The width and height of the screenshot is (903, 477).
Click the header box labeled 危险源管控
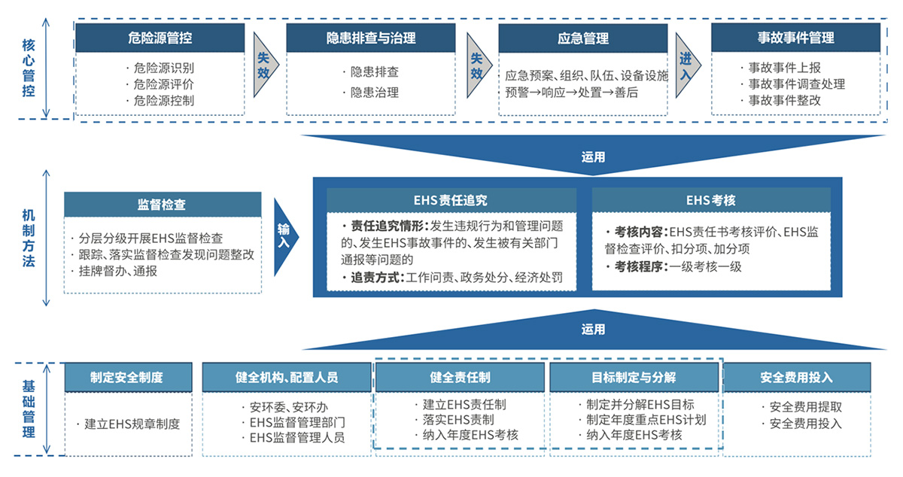(x=160, y=38)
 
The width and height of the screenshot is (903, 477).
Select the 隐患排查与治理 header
(x=371, y=38)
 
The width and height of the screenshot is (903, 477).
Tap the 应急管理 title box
(x=583, y=38)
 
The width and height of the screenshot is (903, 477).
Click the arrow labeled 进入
(x=687, y=65)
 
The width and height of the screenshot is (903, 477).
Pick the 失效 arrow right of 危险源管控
(x=265, y=65)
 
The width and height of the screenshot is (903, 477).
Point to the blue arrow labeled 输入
(x=285, y=237)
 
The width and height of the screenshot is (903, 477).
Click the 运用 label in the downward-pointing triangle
(x=593, y=156)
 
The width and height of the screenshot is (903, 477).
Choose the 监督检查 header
(x=163, y=205)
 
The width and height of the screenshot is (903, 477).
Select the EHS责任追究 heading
(x=451, y=200)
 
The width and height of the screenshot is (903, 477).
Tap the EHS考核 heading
(x=711, y=200)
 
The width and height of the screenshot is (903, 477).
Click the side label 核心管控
(x=29, y=68)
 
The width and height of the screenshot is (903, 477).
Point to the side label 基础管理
(x=29, y=409)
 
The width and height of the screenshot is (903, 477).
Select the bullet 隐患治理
(x=371, y=93)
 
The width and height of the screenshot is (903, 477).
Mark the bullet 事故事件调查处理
(x=793, y=84)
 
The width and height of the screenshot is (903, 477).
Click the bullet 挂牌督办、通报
(x=114, y=271)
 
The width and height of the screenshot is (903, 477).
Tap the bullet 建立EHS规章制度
(x=128, y=424)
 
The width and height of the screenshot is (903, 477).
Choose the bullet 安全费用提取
(x=802, y=407)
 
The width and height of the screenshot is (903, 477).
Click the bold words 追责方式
(x=377, y=278)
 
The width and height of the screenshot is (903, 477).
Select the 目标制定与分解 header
(x=634, y=378)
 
